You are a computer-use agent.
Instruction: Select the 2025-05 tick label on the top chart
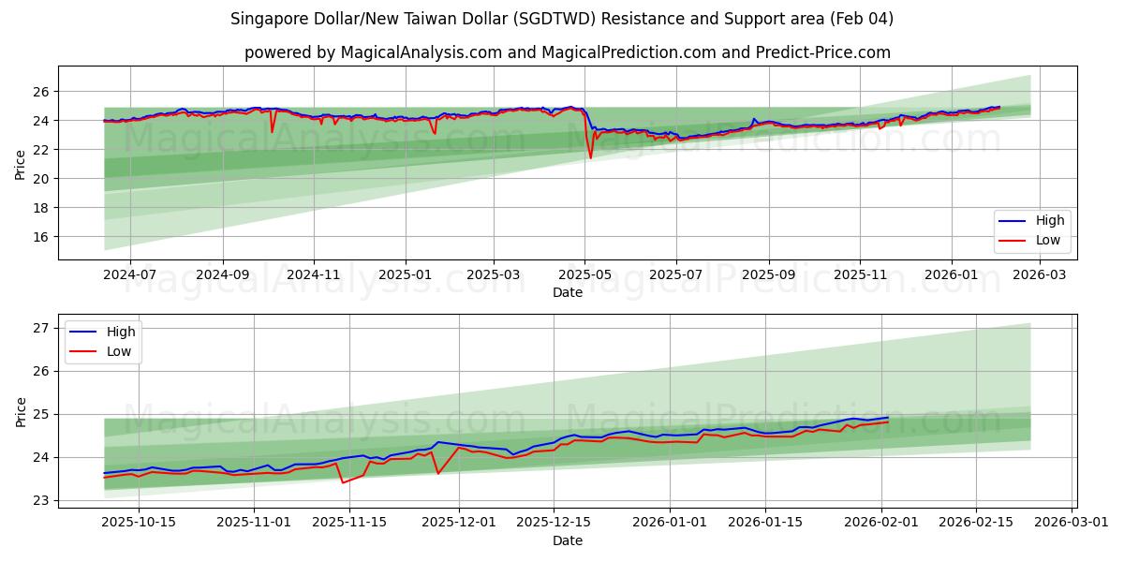pos(584,274)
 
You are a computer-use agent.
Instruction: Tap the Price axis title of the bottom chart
pos(21,410)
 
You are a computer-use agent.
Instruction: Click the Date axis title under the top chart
pos(567,292)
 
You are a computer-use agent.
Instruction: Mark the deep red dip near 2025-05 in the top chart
pos(590,156)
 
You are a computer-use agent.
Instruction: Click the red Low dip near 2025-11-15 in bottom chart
pos(343,482)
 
